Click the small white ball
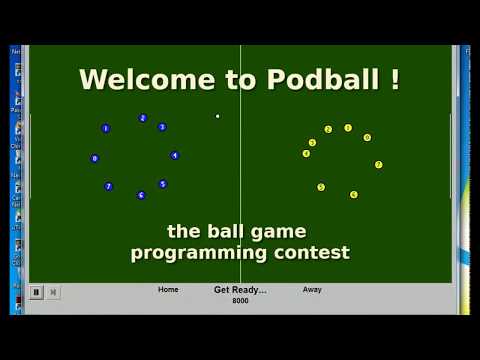[x=217, y=116]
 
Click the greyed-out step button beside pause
[x=54, y=292]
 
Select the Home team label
[x=168, y=290]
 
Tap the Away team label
[x=312, y=290]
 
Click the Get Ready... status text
[x=240, y=290]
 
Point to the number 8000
[x=240, y=301]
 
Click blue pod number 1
[x=105, y=128]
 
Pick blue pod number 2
[x=143, y=118]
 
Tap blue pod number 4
[x=174, y=155]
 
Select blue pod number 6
[x=141, y=195]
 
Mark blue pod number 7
[x=109, y=186]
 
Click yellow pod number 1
[x=348, y=128]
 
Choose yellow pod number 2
[x=328, y=129]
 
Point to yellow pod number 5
[x=321, y=187]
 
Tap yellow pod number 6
[x=354, y=194]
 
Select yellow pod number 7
[x=378, y=164]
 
